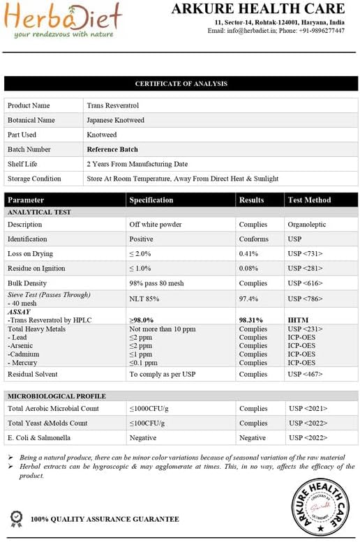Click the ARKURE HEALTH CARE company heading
pos(258,9)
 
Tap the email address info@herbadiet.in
pos(253,31)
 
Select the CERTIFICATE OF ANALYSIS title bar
pos(181,84)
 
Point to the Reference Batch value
pos(112,149)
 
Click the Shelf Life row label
pos(23,164)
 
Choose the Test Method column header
pos(309,200)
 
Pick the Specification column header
pos(151,200)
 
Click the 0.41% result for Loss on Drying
pos(249,254)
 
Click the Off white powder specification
pos(156,225)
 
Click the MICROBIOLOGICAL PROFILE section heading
pos(56,396)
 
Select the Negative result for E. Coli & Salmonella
pos(253,438)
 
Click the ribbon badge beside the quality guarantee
pos(16,518)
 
